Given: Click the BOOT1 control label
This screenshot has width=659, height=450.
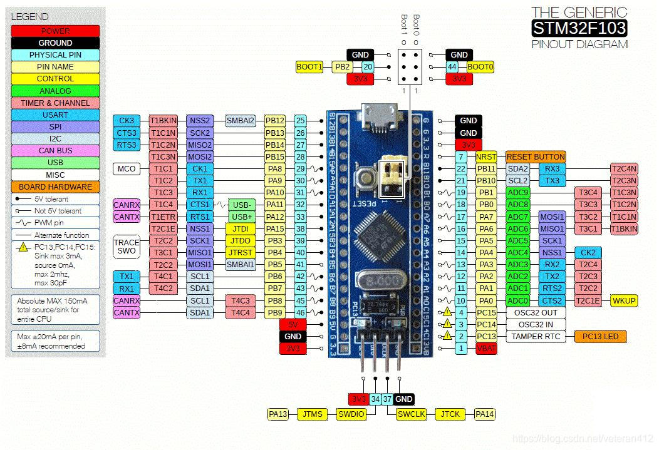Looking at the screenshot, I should (309, 66).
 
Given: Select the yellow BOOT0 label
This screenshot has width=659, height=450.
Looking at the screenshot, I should (480, 66).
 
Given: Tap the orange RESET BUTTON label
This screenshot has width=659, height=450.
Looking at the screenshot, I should (536, 156).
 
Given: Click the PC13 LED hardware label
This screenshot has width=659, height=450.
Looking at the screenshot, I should (600, 337).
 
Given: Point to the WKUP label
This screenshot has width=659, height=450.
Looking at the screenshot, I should (624, 300).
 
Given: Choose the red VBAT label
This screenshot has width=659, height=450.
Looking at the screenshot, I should (486, 349).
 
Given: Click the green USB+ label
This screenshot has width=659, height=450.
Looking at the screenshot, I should (241, 217).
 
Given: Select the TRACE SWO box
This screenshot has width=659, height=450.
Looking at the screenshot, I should (126, 247).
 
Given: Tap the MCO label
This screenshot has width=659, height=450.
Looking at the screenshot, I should (126, 169).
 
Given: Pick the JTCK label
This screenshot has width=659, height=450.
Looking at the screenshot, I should (450, 414).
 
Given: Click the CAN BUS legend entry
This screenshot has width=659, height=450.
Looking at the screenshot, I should (55, 151).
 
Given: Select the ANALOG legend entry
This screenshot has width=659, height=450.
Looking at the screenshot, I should (55, 91).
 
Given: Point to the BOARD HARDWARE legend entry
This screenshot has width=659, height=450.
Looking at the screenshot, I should (55, 187).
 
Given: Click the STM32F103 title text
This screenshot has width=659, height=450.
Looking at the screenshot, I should (579, 28).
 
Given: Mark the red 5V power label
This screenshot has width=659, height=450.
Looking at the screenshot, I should (293, 324).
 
